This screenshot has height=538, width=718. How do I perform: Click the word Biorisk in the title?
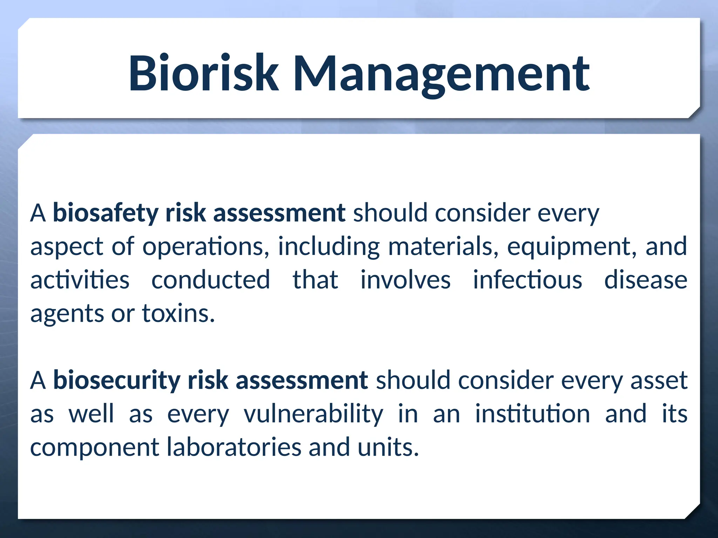click(x=203, y=74)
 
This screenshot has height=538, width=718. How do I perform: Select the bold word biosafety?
click(x=106, y=213)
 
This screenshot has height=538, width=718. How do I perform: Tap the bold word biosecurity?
click(x=116, y=380)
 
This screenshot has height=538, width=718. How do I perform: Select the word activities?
click(x=80, y=280)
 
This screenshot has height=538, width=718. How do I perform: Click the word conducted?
click(x=211, y=280)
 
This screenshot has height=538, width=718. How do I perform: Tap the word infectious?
click(x=528, y=280)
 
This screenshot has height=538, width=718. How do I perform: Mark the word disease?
click(x=646, y=280)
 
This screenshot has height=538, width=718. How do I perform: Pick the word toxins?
click(x=178, y=313)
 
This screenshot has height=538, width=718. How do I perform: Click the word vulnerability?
click(x=313, y=414)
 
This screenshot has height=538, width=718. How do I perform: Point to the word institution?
click(x=533, y=414)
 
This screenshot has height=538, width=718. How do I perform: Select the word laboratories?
click(x=234, y=447)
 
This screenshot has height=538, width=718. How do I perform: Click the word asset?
click(x=659, y=380)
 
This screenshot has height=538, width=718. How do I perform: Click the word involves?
click(x=406, y=280)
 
